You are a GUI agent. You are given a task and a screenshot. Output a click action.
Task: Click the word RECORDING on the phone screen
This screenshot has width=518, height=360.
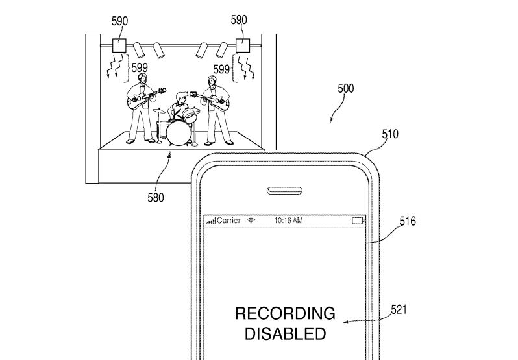(284, 315)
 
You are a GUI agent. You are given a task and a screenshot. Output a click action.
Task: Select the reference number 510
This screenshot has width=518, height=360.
(390, 135)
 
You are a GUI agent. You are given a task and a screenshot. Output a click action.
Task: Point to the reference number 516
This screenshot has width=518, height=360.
(407, 222)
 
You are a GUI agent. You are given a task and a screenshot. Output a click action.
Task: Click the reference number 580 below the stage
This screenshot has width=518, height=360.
(156, 197)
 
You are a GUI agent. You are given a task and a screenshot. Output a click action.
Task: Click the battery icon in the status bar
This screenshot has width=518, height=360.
(358, 221)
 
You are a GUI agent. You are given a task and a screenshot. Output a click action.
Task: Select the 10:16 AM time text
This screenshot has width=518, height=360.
(288, 221)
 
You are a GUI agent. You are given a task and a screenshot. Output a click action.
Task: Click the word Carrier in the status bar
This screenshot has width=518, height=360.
(228, 221)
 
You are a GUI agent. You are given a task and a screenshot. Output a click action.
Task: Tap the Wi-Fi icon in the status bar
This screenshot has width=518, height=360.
(251, 221)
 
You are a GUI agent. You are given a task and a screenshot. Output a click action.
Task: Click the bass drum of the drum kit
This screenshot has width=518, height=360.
(177, 133)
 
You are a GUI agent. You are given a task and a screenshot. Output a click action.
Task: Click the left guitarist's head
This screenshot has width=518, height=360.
(142, 76)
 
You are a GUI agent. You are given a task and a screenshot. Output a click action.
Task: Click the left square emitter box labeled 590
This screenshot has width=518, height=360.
(120, 45)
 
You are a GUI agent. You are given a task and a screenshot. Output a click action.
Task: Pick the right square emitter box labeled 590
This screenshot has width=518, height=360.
(242, 45)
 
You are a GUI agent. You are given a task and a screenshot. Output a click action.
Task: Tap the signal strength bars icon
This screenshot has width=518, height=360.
(211, 222)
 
